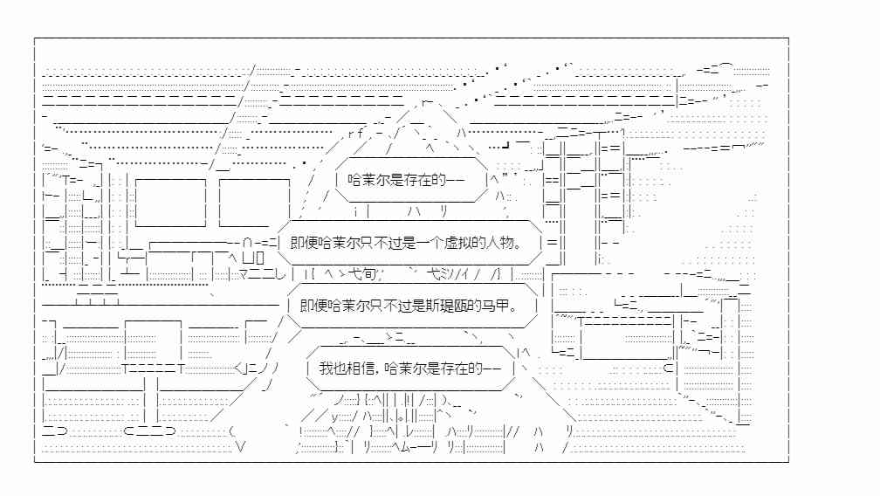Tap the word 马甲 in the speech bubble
pyautogui.click(x=495, y=306)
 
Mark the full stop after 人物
pyautogui.click(x=518, y=245)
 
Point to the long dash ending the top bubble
pyautogui.click(x=456, y=180)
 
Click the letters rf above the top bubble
pyautogui.click(x=356, y=134)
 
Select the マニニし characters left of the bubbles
pyautogui.click(x=262, y=274)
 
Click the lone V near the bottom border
pyautogui.click(x=241, y=446)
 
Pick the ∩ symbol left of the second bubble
pyautogui.click(x=248, y=243)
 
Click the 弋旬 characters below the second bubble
pyautogui.click(x=362, y=274)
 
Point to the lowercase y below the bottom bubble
pyautogui.click(x=334, y=417)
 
